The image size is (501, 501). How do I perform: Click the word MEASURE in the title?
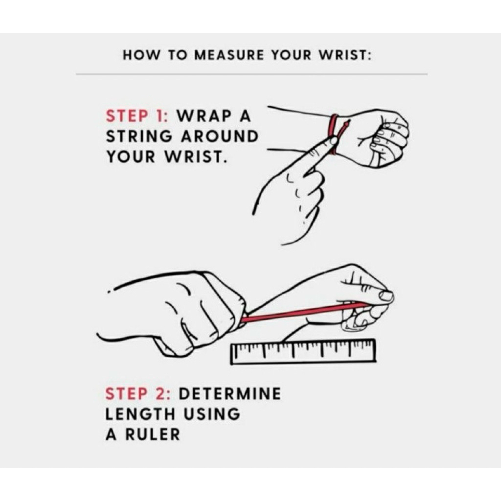point(229,55)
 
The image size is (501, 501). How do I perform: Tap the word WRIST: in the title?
point(346,55)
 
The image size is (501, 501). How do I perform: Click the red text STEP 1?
point(137,115)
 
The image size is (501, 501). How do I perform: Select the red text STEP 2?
point(138,393)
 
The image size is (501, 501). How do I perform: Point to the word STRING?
point(139,137)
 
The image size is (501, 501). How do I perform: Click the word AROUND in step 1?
point(220,137)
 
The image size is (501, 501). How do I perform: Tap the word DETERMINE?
point(229,393)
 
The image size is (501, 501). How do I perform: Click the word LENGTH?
point(140,414)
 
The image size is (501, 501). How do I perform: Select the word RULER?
point(153,434)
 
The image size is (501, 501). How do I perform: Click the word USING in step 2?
point(211,414)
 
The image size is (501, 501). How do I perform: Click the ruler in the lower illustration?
point(303,351)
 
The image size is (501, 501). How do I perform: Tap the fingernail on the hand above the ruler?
point(386,296)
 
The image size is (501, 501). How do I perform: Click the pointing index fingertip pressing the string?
point(333,140)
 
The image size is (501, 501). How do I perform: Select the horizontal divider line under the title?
point(252,74)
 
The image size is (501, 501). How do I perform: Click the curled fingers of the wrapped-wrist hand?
point(388,140)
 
